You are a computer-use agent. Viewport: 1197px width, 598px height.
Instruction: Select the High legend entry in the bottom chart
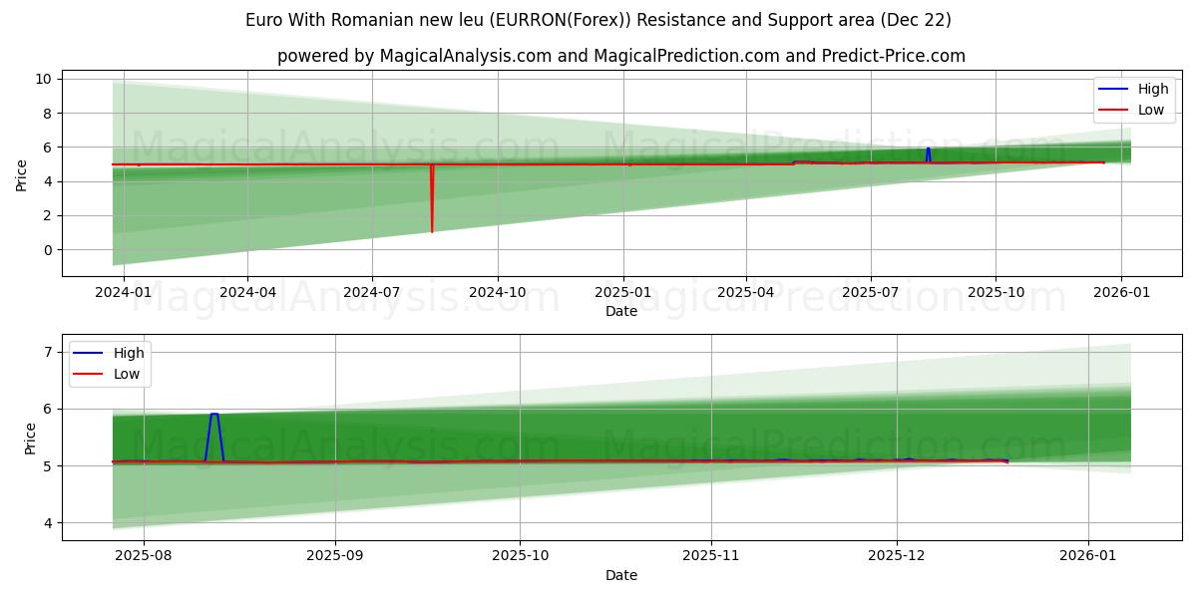tap(128, 353)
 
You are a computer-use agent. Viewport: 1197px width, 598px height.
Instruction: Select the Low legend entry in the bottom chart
tap(126, 375)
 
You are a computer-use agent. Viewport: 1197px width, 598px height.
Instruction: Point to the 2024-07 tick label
tap(372, 292)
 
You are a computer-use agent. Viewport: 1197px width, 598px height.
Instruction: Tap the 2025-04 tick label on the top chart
tap(746, 292)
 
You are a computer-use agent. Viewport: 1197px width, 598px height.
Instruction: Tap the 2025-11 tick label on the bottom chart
tap(711, 556)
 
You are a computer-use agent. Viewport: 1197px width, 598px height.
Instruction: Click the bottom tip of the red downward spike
tap(432, 232)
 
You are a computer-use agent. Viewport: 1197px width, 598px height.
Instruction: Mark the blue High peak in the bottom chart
tap(214, 414)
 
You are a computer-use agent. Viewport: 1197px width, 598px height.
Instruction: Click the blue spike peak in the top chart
tap(928, 149)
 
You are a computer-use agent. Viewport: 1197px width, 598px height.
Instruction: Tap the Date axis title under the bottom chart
tap(621, 575)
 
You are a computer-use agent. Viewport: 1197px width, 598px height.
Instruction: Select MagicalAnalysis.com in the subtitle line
tap(466, 56)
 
